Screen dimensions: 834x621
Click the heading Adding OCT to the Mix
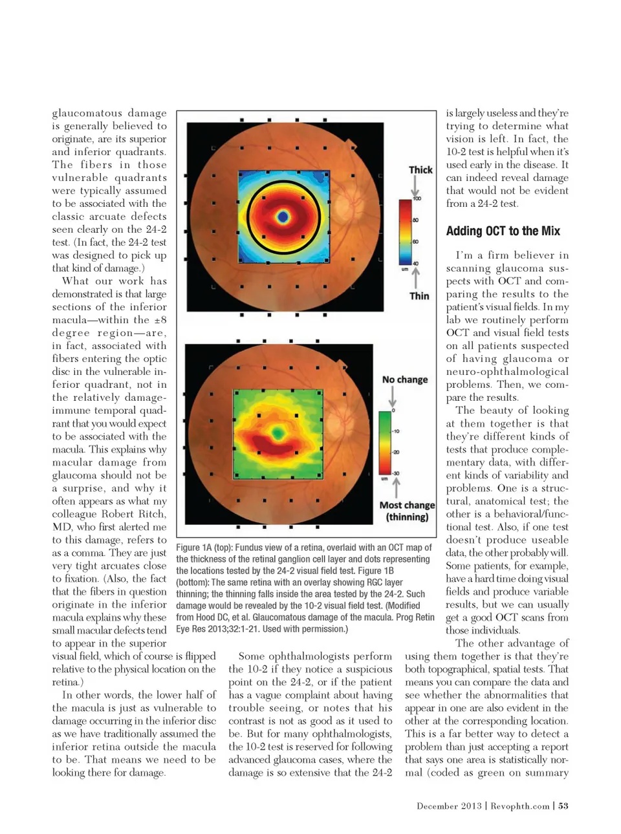(x=503, y=231)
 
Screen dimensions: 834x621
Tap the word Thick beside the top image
(x=420, y=169)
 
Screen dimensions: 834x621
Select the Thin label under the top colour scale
(x=419, y=295)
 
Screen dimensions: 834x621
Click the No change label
(x=405, y=380)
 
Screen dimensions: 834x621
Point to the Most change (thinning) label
(x=407, y=511)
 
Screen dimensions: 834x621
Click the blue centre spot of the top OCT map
(x=282, y=217)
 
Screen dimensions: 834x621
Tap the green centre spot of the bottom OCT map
(x=278, y=432)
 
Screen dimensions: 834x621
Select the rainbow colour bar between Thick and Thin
(x=404, y=232)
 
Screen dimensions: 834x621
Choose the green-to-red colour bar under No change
(x=384, y=444)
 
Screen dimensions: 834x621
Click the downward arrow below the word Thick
(x=415, y=186)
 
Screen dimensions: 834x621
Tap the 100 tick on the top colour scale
(x=417, y=198)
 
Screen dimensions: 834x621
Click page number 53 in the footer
(x=563, y=806)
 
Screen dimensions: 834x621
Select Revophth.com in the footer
(x=520, y=806)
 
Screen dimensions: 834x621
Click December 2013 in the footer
(x=449, y=806)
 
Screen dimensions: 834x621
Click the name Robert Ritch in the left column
(x=137, y=514)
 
